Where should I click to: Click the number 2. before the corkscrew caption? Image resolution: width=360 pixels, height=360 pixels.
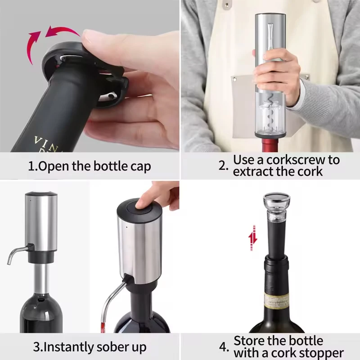coord(224,165)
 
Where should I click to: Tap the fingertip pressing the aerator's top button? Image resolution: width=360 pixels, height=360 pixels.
coord(145,202)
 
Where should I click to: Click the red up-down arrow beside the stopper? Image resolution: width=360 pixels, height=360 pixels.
coord(253,238)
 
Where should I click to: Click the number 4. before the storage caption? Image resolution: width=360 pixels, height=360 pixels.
coord(224,347)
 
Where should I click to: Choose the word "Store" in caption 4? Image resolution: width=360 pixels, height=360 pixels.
coord(251,341)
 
